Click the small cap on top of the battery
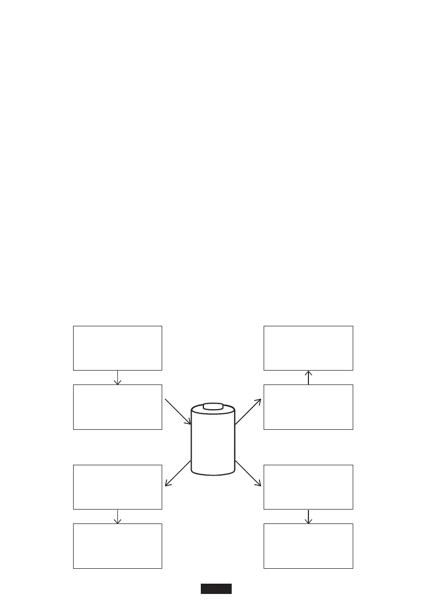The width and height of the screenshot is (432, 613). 213,407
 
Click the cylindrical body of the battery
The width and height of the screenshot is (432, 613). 213,443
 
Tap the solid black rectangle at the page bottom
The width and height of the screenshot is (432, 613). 216,589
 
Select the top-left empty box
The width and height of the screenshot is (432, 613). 117,347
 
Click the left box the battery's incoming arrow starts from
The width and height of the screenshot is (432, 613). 117,407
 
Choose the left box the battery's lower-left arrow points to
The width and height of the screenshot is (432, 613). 117,487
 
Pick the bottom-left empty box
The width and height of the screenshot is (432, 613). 117,546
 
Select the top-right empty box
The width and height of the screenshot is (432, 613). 308,347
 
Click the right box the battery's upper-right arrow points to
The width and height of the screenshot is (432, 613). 308,407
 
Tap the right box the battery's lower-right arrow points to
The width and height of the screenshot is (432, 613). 308,487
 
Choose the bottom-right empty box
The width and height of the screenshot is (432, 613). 308,546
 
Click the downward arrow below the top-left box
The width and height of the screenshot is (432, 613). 117,377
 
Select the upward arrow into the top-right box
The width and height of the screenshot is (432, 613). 308,377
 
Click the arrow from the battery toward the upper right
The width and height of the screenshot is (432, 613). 248,411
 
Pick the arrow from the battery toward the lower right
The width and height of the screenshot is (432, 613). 248,473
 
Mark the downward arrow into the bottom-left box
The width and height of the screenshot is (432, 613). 117,516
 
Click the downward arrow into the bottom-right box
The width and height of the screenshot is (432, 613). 308,516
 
